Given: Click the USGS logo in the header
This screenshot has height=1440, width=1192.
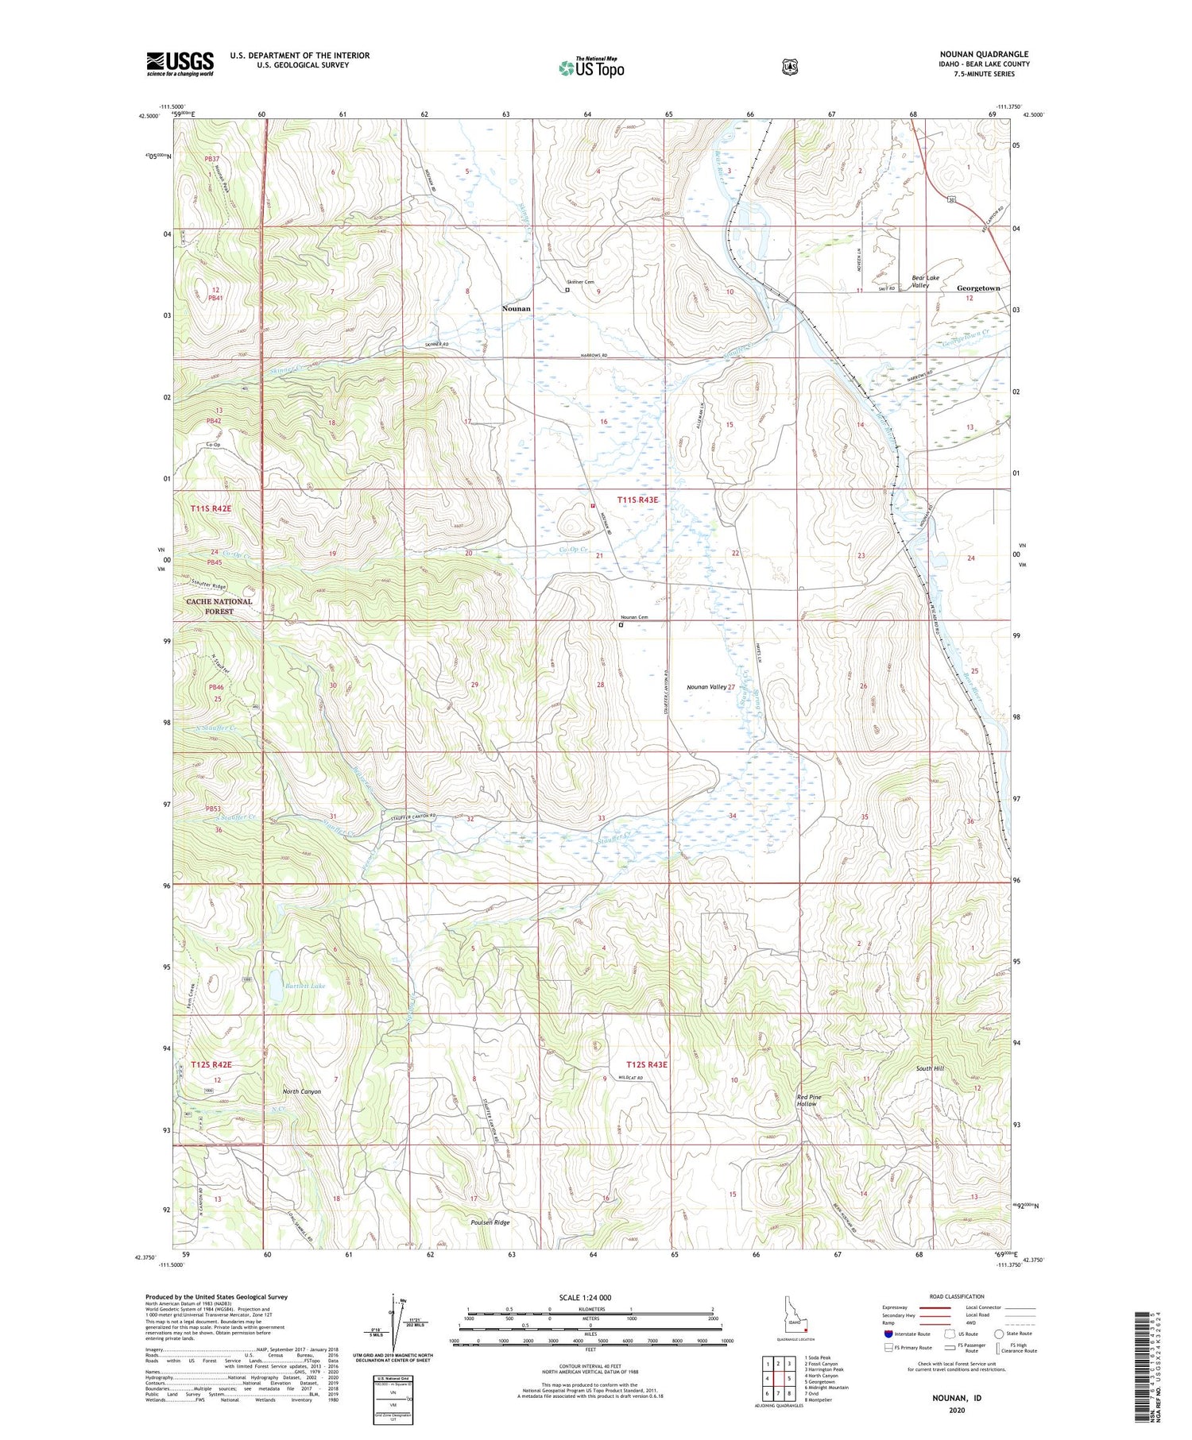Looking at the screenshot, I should [x=180, y=64].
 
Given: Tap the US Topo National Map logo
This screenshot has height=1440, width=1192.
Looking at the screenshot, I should [x=591, y=67].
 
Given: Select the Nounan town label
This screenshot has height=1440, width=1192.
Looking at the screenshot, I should [x=517, y=308].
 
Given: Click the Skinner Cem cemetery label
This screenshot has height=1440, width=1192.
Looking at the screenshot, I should [x=580, y=282].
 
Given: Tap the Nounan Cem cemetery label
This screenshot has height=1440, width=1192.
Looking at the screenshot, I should [x=634, y=617].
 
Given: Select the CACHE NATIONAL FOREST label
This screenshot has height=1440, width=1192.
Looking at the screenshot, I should [x=219, y=606].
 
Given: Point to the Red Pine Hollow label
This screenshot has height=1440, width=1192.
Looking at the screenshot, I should [x=809, y=1100].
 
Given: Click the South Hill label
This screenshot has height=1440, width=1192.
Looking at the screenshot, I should [x=929, y=1069].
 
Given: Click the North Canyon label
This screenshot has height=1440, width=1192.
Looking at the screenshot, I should [x=302, y=1091].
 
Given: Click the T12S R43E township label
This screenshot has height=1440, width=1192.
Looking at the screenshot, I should [x=647, y=1064].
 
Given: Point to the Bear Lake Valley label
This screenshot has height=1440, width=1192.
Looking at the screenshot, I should [x=925, y=281].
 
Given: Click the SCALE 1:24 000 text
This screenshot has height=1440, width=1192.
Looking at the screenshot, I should [x=590, y=1297].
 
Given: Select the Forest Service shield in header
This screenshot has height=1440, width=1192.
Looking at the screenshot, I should [x=789, y=68].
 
